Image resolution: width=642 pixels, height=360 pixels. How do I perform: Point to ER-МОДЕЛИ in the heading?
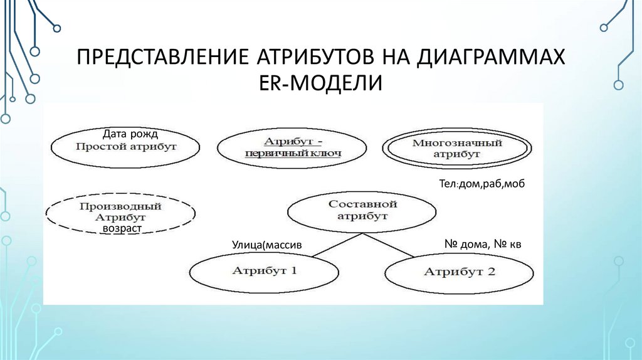coord(320,82)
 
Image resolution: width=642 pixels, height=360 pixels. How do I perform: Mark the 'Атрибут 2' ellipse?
coord(459,272)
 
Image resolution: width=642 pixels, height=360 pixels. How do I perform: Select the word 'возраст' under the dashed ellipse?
coord(122,229)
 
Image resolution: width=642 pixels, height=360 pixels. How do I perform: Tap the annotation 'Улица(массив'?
coord(267,245)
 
